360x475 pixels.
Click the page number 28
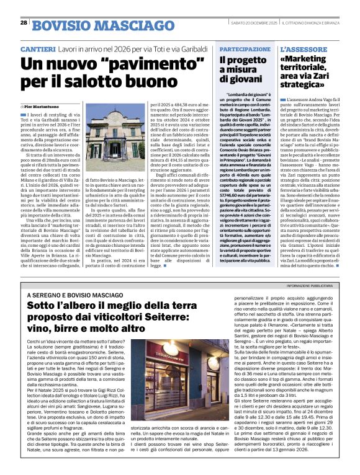tap(24, 23)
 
